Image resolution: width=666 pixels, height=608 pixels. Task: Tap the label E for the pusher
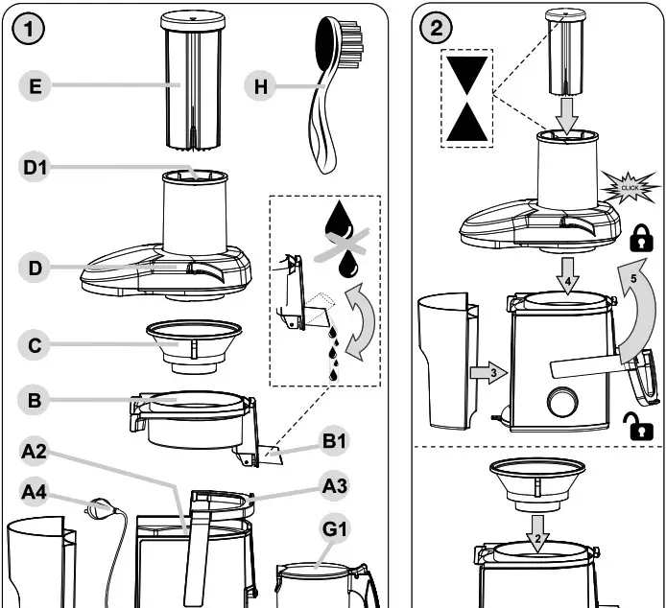(36, 86)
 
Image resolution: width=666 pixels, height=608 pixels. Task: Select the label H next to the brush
(259, 86)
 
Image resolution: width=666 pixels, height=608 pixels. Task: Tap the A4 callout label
(36, 493)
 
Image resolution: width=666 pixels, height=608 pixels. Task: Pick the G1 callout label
(335, 528)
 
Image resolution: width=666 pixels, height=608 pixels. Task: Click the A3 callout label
(335, 486)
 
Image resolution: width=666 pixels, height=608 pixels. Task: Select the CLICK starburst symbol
(630, 186)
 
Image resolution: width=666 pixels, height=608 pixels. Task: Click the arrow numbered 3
(488, 373)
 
